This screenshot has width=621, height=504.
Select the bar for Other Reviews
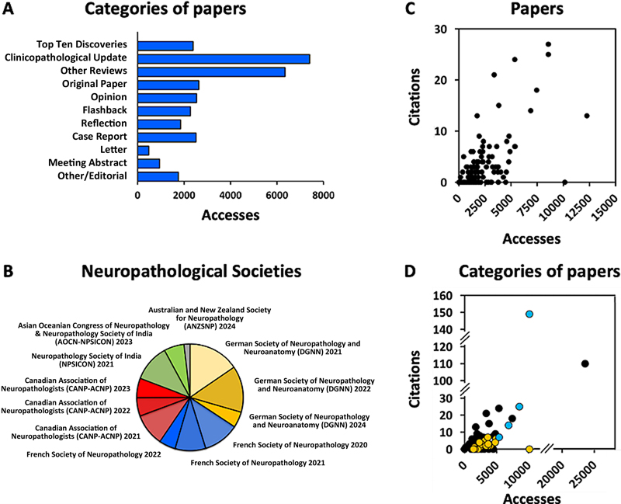[x=211, y=71]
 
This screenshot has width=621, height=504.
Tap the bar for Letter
[x=144, y=150]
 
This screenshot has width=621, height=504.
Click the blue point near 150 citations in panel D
[x=529, y=314]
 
